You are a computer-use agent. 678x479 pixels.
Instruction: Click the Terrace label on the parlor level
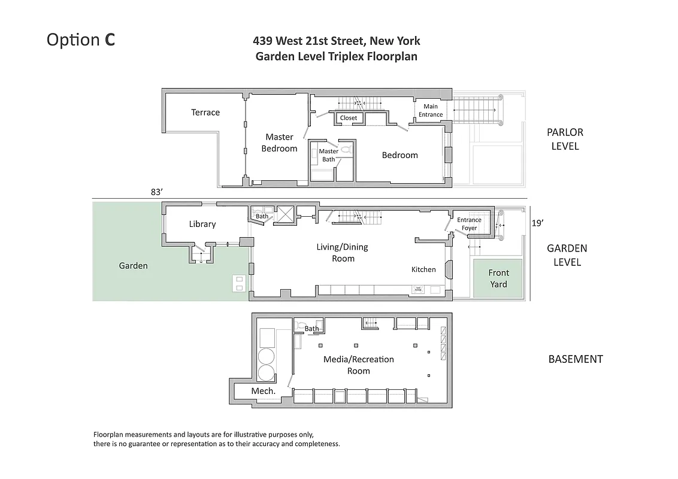click(x=205, y=113)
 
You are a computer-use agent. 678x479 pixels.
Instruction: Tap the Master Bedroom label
click(x=279, y=143)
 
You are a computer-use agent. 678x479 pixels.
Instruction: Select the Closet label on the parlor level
click(x=349, y=118)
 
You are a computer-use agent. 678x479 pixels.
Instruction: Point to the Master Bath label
click(x=328, y=155)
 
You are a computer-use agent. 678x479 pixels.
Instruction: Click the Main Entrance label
click(x=431, y=111)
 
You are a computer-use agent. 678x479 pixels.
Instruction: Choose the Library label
click(x=202, y=224)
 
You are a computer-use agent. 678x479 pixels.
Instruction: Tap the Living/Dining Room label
click(x=343, y=253)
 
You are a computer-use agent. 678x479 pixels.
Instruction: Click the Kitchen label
click(x=423, y=269)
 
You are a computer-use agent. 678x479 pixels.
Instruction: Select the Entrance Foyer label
click(x=469, y=224)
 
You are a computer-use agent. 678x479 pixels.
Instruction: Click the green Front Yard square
click(x=498, y=278)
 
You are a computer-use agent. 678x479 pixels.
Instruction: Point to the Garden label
click(x=133, y=265)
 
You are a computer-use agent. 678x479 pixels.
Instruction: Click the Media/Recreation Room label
click(x=358, y=365)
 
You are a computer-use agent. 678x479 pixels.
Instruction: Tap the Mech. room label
click(x=263, y=391)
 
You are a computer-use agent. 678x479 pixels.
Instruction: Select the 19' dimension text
click(x=538, y=223)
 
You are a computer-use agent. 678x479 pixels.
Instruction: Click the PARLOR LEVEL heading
click(x=565, y=139)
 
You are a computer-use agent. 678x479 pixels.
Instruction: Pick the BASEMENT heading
click(x=575, y=359)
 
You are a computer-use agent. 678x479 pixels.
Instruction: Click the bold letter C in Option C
click(x=110, y=40)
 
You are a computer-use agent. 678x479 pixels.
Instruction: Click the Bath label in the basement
click(x=311, y=329)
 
